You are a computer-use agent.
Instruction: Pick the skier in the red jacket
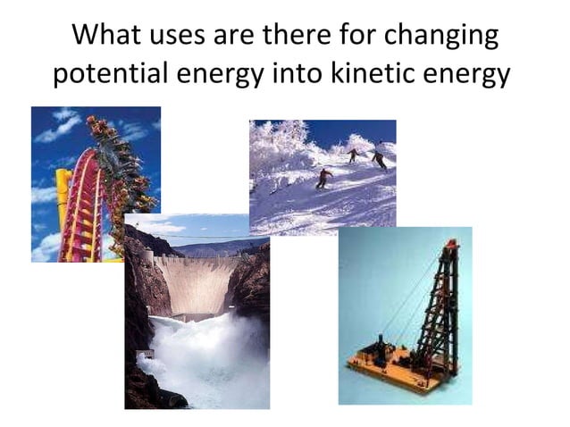[323, 178]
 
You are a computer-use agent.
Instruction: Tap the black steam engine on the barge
[381, 348]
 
